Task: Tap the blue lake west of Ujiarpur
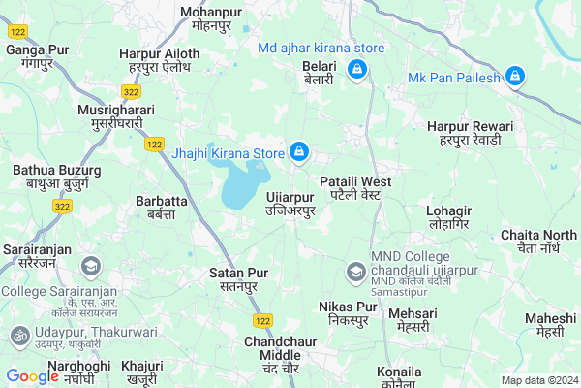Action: click(x=241, y=185)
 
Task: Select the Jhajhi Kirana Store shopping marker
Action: click(x=300, y=152)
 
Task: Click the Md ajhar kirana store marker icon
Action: click(x=356, y=68)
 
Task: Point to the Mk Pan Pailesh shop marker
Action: click(x=515, y=76)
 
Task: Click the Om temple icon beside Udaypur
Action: click(x=17, y=335)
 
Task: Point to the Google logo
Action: click(x=33, y=376)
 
